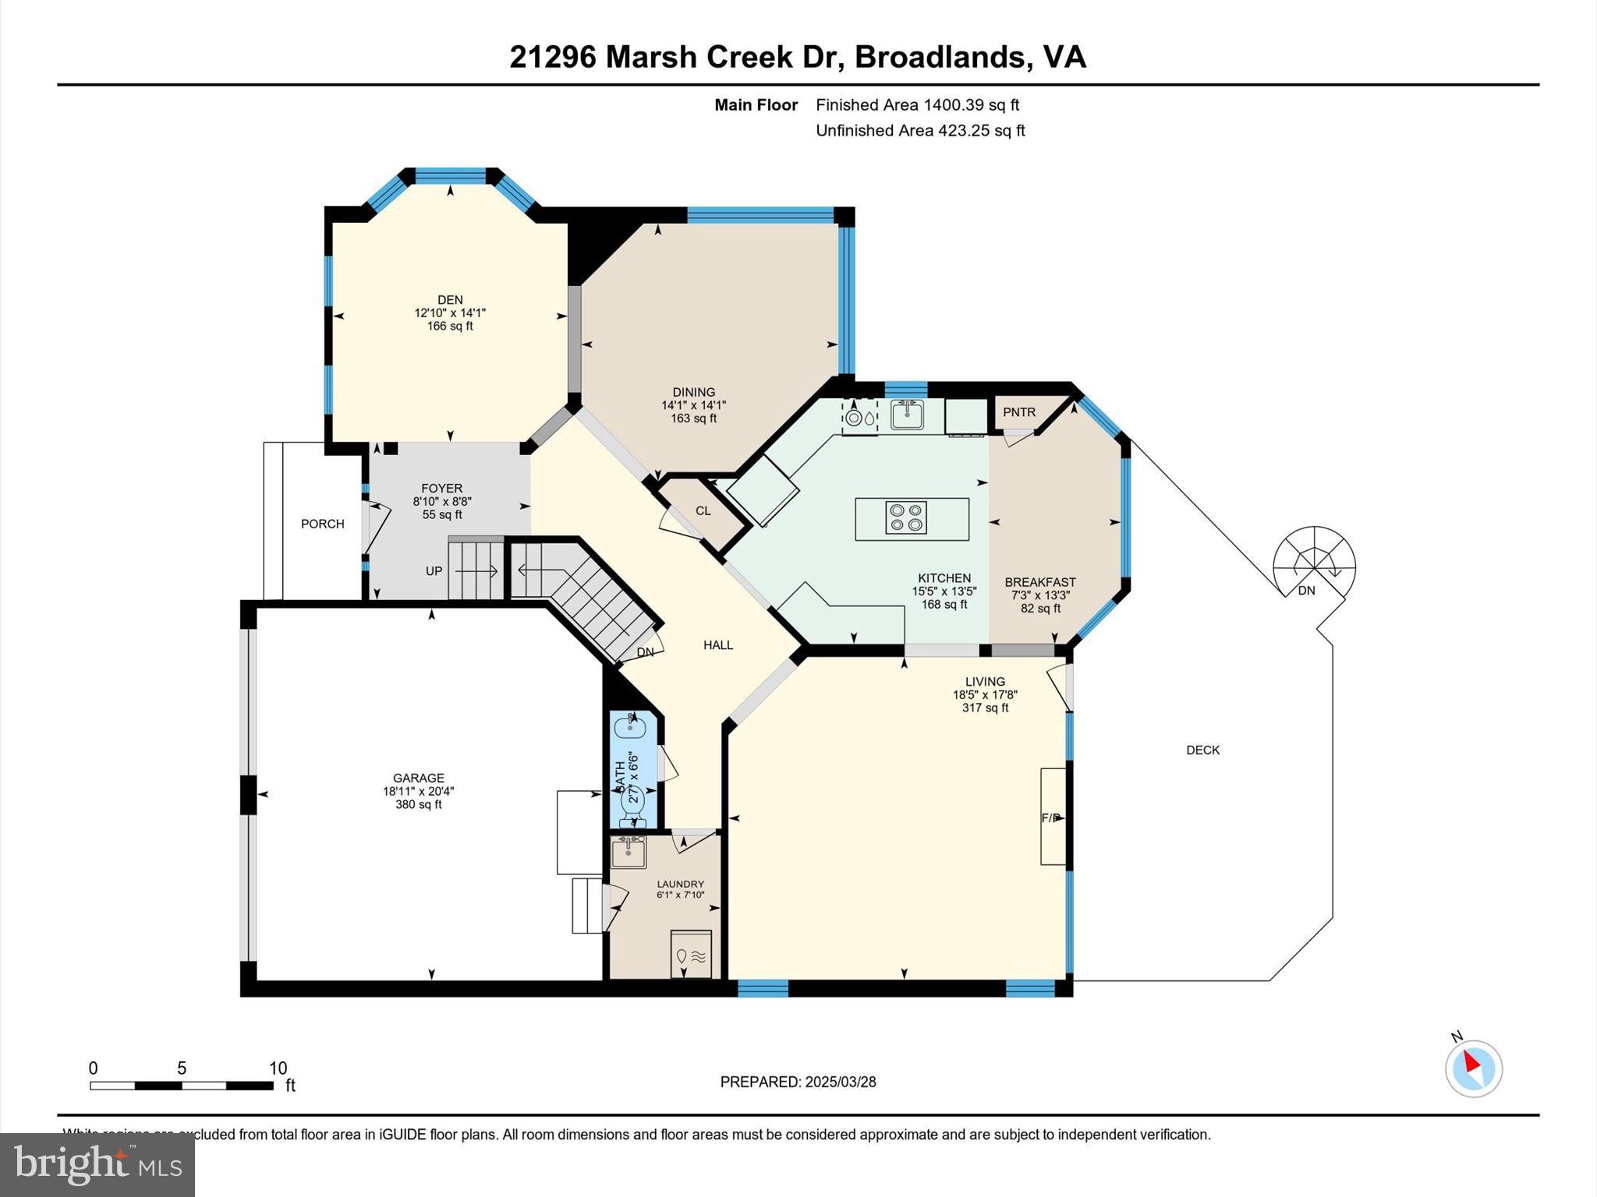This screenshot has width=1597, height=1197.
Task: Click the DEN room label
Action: point(450,300)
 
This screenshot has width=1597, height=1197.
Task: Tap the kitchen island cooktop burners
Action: point(906,518)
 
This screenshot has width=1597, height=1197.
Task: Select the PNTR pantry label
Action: point(1018,412)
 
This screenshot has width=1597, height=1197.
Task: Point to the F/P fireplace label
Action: point(1051,818)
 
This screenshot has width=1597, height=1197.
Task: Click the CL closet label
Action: point(703,511)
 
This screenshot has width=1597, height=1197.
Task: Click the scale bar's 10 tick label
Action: point(278,1068)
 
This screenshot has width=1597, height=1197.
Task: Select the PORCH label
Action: point(322,524)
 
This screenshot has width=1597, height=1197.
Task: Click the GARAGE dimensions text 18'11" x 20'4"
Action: point(419,791)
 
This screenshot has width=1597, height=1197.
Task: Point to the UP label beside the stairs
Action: point(434,571)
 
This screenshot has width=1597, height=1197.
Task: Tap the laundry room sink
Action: point(628,852)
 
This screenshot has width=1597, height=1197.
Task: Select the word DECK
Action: point(1202,750)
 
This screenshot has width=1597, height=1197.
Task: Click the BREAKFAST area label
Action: point(1040,582)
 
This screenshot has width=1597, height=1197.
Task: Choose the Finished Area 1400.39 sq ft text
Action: point(917,105)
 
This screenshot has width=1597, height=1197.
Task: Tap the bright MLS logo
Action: point(97,1165)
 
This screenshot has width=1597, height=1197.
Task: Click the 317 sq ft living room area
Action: point(985,708)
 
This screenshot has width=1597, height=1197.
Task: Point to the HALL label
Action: point(718,645)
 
